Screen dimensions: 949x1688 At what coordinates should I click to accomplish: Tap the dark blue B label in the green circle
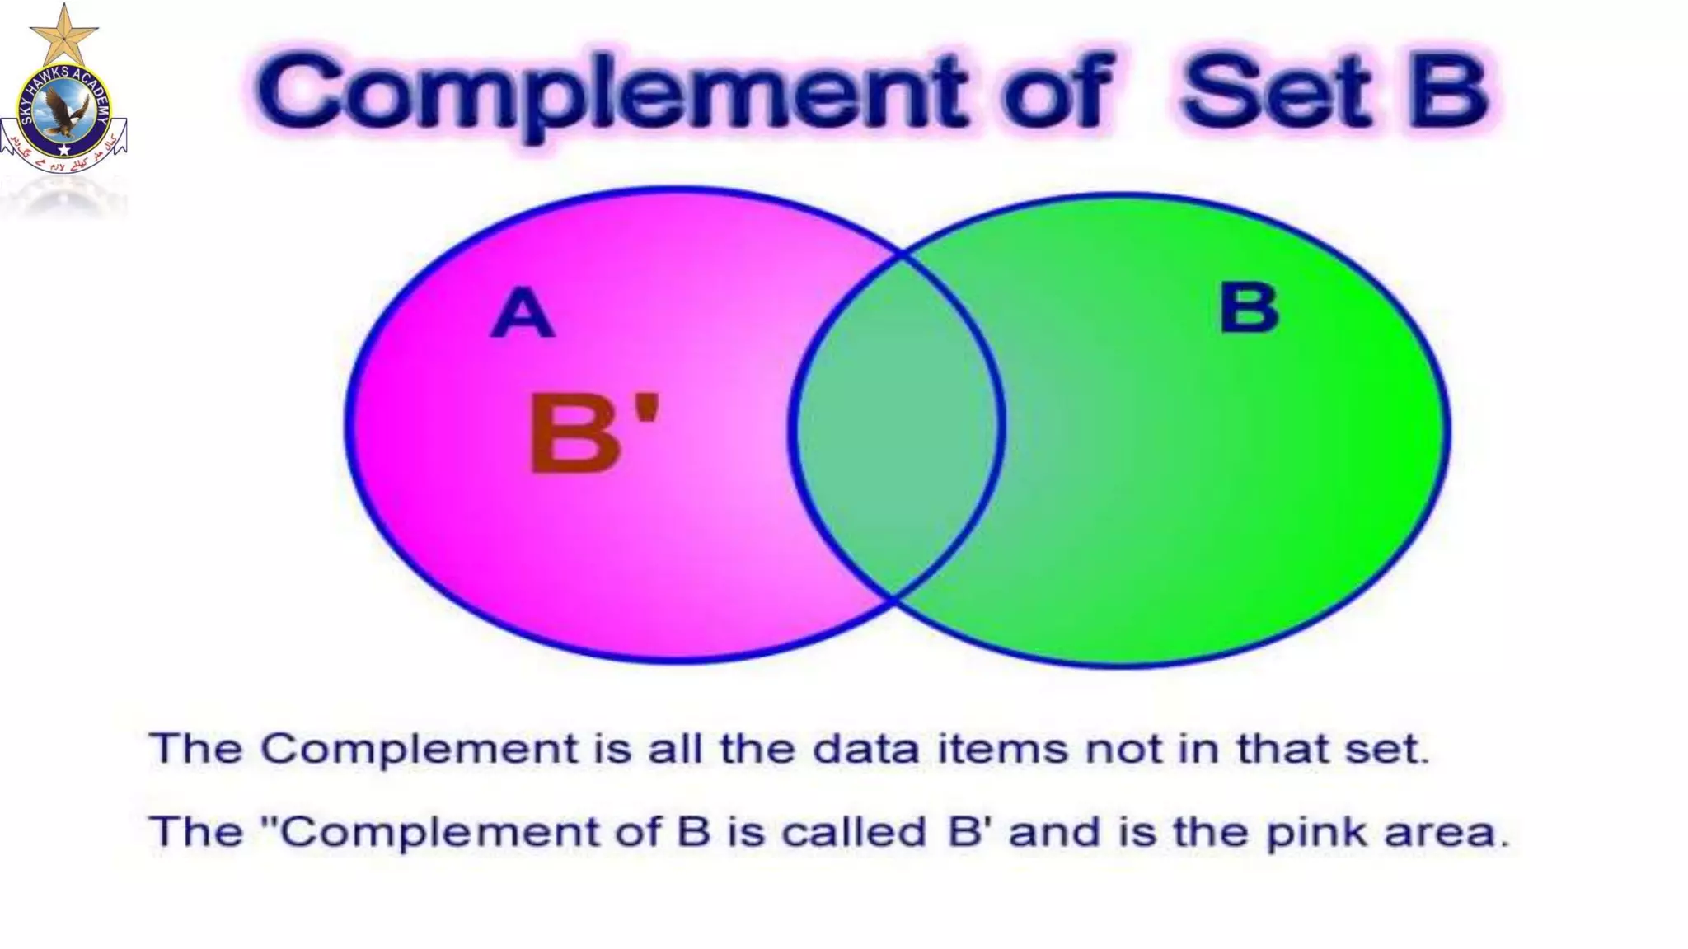[x=1248, y=308]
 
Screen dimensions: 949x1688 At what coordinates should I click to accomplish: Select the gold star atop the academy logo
[x=63, y=34]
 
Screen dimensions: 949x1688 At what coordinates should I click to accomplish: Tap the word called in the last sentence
[x=853, y=832]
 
